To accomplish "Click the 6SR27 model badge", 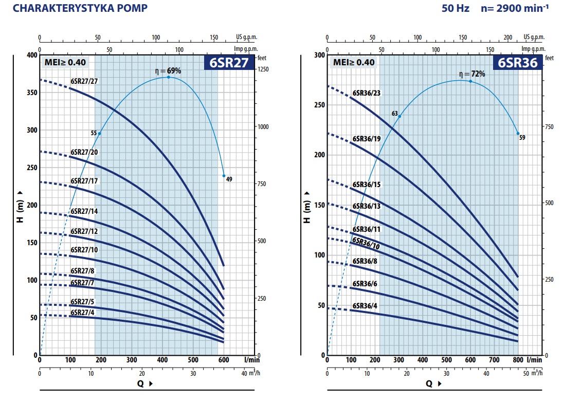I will pyautogui.click(x=229, y=63).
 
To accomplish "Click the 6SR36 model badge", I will pyautogui.click(x=517, y=63).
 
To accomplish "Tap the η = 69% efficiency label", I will pyautogui.click(x=169, y=71).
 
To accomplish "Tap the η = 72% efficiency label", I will pyautogui.click(x=472, y=74).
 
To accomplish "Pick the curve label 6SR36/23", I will pyautogui.click(x=367, y=94).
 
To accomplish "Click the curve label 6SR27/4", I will pyautogui.click(x=82, y=313).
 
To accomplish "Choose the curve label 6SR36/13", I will pyautogui.click(x=367, y=206).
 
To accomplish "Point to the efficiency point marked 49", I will pyautogui.click(x=224, y=176).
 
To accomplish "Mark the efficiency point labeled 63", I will pyautogui.click(x=399, y=117).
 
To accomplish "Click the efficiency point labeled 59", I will pyautogui.click(x=518, y=134).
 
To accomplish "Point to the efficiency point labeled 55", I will pyautogui.click(x=99, y=134).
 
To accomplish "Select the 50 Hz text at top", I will pyautogui.click(x=455, y=9).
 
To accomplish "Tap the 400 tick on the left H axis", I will pyautogui.click(x=32, y=55).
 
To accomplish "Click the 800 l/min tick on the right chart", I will pyautogui.click(x=518, y=360).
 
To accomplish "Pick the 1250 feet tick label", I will pyautogui.click(x=263, y=69).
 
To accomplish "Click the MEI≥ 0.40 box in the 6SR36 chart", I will pyautogui.click(x=354, y=63).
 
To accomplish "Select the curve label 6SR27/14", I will pyautogui.click(x=84, y=211).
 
